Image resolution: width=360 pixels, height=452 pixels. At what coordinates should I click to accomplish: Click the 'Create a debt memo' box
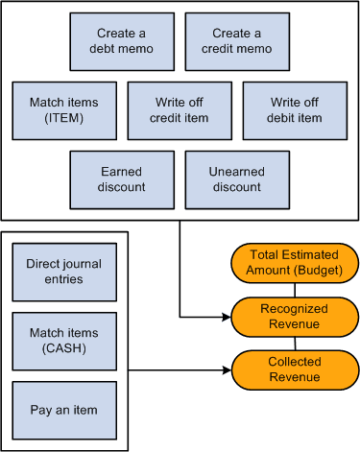coord(122,41)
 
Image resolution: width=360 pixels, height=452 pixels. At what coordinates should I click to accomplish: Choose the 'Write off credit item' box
coord(180,110)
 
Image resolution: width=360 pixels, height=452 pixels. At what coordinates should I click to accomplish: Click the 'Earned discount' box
coord(122,179)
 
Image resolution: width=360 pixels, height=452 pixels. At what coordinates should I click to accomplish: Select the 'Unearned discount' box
coord(236,179)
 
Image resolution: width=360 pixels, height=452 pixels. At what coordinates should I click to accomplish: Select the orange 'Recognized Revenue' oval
coord(295,316)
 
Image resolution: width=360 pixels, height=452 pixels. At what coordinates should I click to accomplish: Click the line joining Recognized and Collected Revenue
coord(295,343)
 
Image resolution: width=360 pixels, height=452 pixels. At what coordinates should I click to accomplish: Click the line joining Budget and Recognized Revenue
coord(295,289)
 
